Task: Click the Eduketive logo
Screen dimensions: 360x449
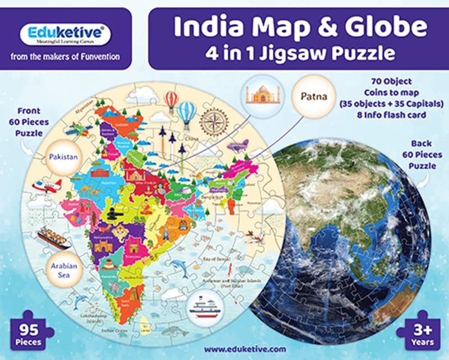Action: point(66,33)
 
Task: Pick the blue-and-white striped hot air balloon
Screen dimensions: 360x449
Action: point(186,112)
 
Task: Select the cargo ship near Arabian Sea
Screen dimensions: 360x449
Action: point(54,238)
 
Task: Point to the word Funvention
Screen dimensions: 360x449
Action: point(96,57)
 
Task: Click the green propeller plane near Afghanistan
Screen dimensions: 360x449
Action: point(79,129)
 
